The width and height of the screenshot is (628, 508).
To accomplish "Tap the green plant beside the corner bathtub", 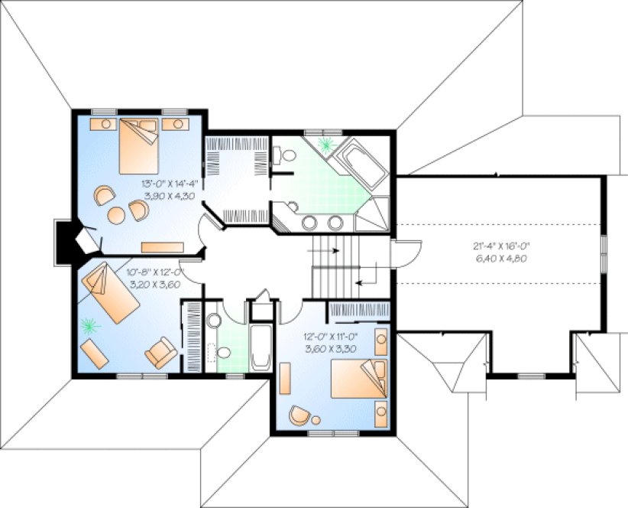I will (328, 144).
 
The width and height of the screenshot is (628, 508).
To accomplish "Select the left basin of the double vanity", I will (310, 223).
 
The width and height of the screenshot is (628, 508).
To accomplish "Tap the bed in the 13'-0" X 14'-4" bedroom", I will (138, 139).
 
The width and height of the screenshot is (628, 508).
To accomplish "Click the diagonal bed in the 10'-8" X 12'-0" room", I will (112, 292).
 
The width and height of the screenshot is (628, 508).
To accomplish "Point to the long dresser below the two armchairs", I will (164, 247).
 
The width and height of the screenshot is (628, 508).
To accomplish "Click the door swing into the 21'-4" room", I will (408, 253).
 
